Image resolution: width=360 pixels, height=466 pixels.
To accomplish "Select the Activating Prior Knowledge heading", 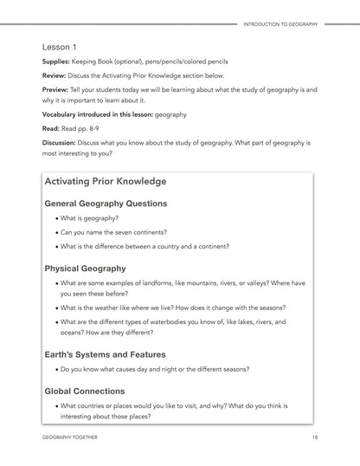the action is pos(106,182).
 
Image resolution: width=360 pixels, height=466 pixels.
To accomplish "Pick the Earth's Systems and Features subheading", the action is pos(105,353).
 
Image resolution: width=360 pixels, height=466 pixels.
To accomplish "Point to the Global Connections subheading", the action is pos(85,391).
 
